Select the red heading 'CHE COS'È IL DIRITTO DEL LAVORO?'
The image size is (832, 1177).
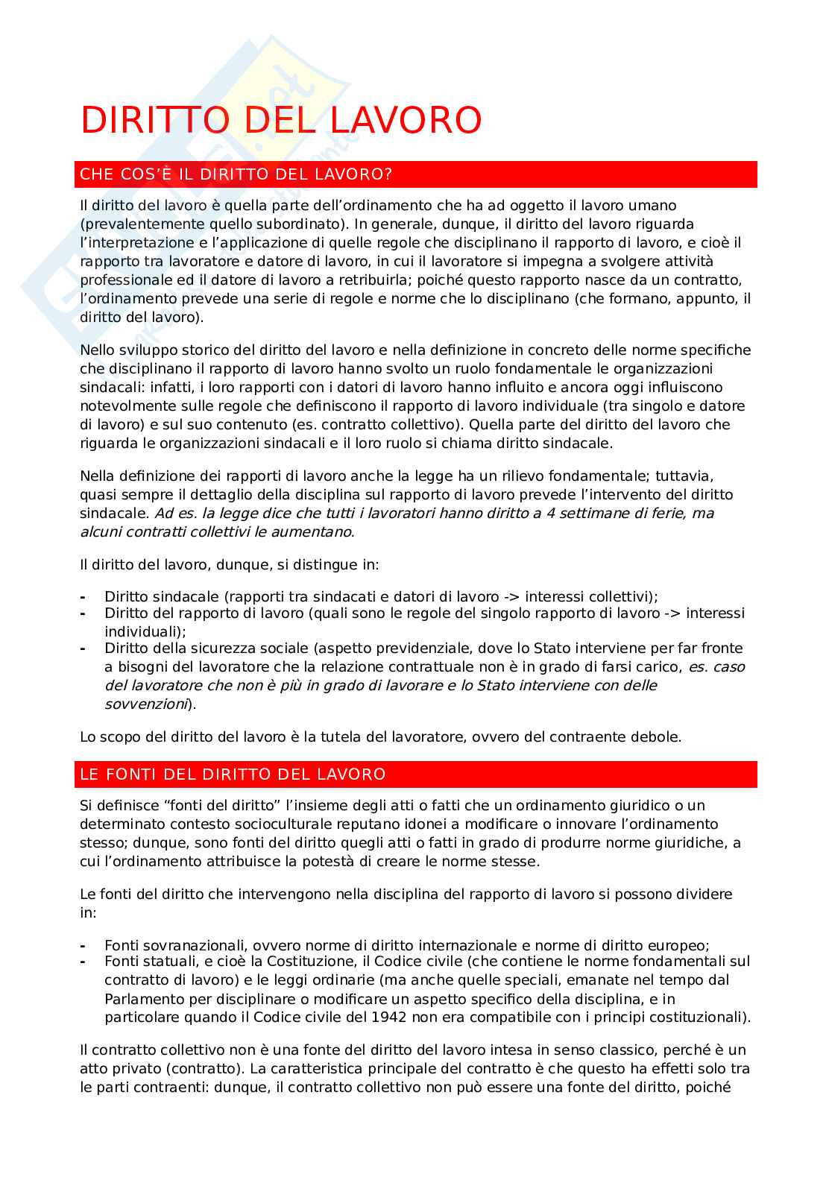pos(236,174)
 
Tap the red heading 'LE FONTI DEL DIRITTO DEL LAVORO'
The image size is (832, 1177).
pos(233,774)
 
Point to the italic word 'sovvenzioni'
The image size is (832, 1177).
pos(145,704)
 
